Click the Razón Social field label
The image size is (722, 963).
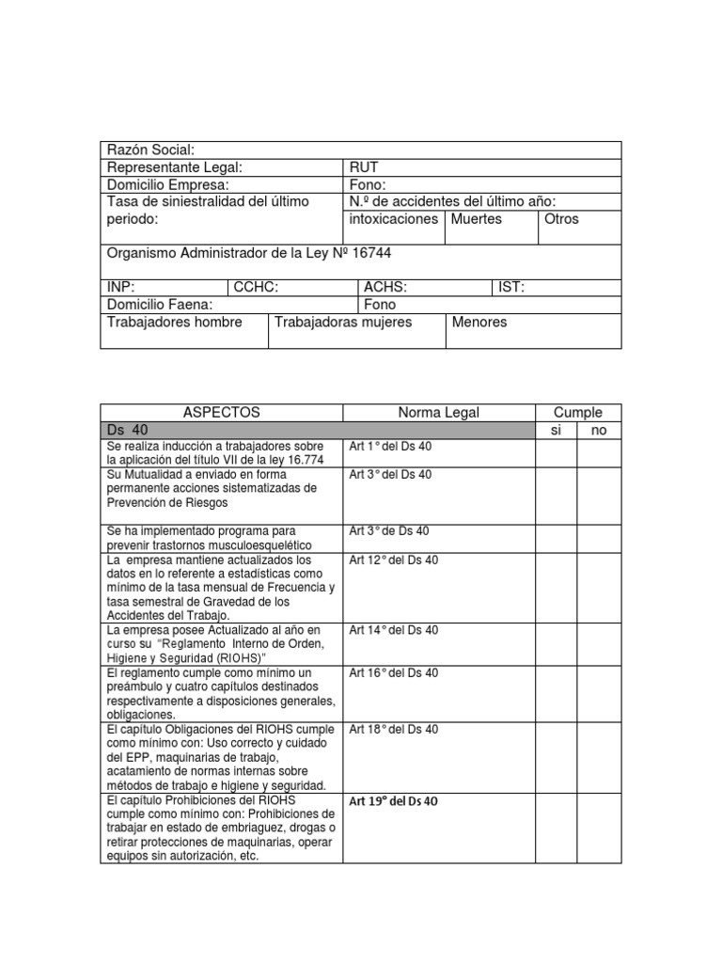151,150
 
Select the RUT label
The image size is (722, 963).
364,167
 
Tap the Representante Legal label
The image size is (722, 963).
175,167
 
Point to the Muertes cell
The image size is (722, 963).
477,219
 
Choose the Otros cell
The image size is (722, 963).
562,219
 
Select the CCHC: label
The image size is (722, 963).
257,288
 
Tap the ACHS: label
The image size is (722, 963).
385,288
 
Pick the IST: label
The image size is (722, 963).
511,288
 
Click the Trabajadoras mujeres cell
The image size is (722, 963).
343,323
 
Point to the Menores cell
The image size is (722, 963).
479,323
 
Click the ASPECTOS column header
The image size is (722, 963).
221,413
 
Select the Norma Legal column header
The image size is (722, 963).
438,413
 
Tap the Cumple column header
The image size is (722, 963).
577,413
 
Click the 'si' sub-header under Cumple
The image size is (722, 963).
556,430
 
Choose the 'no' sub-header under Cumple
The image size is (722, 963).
598,430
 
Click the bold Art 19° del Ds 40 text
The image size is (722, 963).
394,802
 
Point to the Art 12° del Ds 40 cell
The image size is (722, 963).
394,560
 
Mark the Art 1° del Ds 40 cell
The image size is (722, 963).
391,447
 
